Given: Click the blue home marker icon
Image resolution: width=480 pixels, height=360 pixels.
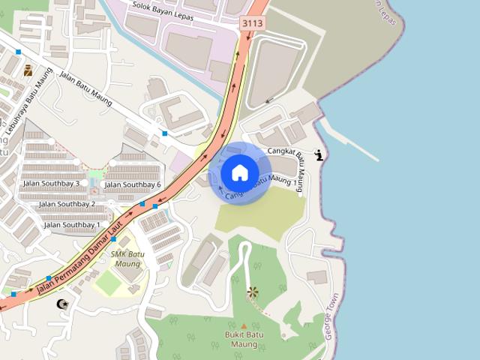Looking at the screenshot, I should coord(239,172).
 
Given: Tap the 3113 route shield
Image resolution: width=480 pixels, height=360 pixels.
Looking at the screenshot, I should coord(253,24).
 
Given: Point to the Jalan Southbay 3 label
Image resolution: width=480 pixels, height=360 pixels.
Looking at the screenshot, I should coord(51,184).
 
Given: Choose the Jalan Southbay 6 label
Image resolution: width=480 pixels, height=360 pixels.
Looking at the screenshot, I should coord(133,184).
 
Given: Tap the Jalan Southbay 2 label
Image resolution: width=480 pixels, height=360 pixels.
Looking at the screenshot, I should coord(67,204).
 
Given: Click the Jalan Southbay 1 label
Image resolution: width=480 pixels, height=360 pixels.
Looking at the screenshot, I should coord(72,225).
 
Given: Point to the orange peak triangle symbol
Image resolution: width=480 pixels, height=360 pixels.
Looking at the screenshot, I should coord(244,326).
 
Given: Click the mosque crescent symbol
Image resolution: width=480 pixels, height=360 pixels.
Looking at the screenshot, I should coord(62,304).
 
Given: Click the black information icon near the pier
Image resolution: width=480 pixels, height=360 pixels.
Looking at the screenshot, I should coord(320,155).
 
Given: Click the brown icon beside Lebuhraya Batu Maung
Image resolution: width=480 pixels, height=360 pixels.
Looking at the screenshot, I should coord(28,70).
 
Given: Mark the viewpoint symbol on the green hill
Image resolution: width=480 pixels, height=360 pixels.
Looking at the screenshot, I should coord(252,292).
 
